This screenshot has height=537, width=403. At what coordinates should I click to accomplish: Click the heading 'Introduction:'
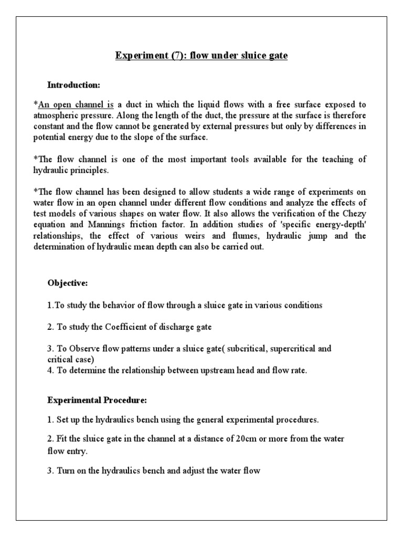click(x=73, y=84)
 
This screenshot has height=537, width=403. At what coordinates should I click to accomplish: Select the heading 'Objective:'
click(x=68, y=283)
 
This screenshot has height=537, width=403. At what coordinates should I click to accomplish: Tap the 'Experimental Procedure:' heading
click(x=97, y=400)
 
